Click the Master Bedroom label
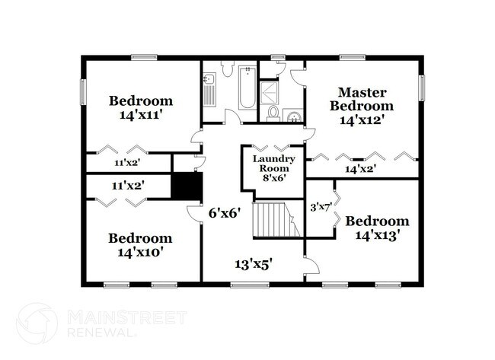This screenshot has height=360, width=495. [362, 98]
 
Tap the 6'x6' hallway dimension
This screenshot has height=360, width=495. [225, 213]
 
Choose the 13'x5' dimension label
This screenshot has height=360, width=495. [252, 264]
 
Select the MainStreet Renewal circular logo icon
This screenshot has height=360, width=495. [37, 323]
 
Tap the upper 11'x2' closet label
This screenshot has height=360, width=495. [128, 162]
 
